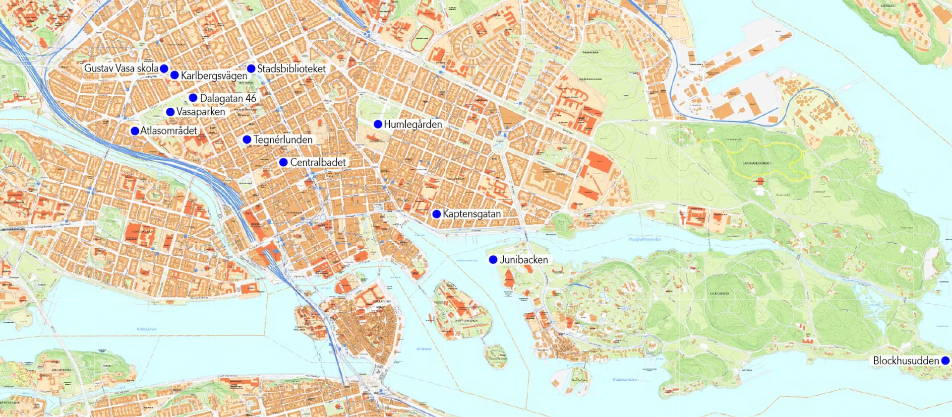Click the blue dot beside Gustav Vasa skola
click(x=164, y=69)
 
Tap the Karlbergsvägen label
click(x=214, y=76)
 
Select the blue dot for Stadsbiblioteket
click(x=251, y=69)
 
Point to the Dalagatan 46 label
click(x=228, y=98)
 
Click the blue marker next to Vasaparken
click(x=170, y=112)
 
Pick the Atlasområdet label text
click(x=169, y=131)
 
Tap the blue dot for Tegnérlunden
click(x=246, y=140)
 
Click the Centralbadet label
click(x=318, y=163)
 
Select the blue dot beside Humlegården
click(x=378, y=124)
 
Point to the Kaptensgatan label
click(x=472, y=214)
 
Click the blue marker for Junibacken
click(x=493, y=260)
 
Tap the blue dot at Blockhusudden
click(x=945, y=361)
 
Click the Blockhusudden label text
click(x=906, y=361)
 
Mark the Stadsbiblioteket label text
click(x=292, y=69)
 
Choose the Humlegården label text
click(x=413, y=125)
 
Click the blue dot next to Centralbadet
click(x=284, y=162)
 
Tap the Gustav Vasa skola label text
click(x=121, y=69)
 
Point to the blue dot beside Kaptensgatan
click(x=436, y=214)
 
